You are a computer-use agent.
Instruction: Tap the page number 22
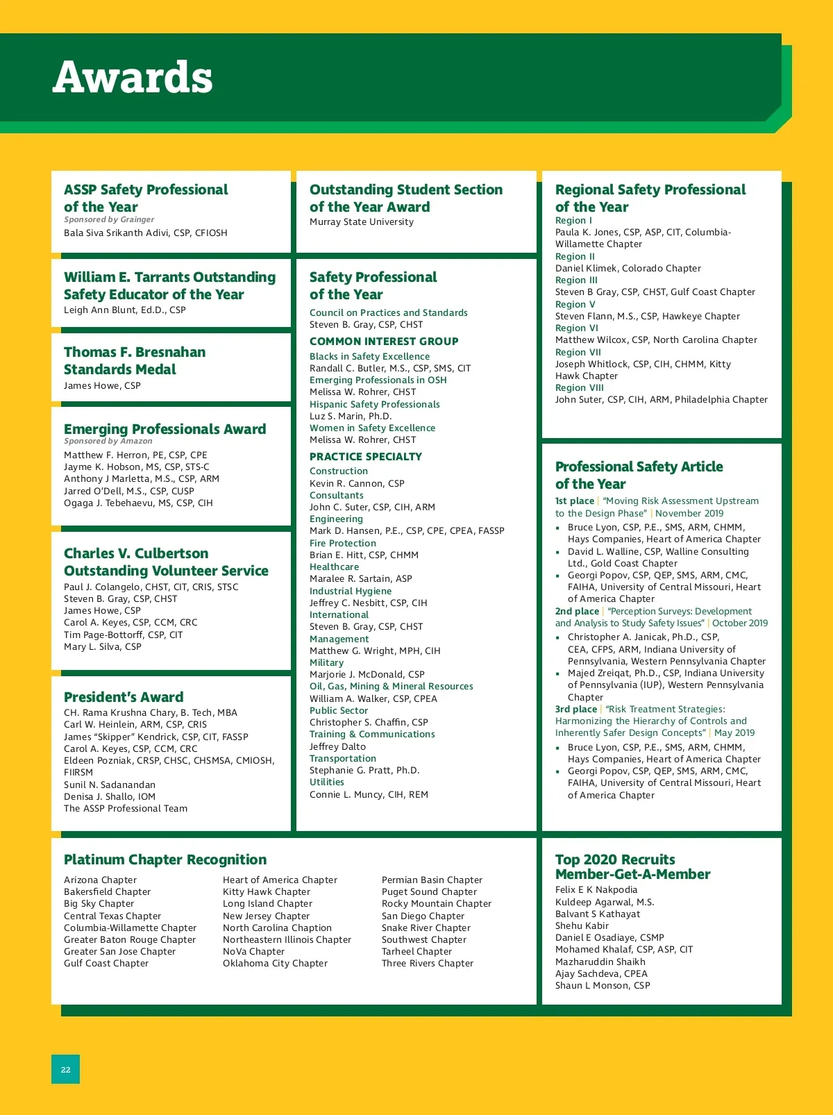click(65, 1070)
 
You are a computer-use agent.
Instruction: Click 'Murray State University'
click(362, 222)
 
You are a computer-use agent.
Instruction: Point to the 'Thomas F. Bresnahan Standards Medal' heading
click(135, 360)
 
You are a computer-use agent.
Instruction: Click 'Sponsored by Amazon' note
click(108, 441)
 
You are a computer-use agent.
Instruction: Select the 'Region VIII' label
click(580, 388)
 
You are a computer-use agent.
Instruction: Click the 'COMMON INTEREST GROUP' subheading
click(384, 342)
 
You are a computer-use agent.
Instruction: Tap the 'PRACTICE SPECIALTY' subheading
click(366, 457)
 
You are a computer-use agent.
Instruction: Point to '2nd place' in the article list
click(577, 612)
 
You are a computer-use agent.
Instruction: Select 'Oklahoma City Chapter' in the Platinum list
click(275, 964)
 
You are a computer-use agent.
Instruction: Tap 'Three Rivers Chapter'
click(428, 964)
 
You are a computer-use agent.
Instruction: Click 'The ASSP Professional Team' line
click(126, 809)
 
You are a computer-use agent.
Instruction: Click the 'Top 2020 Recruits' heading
click(615, 860)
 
